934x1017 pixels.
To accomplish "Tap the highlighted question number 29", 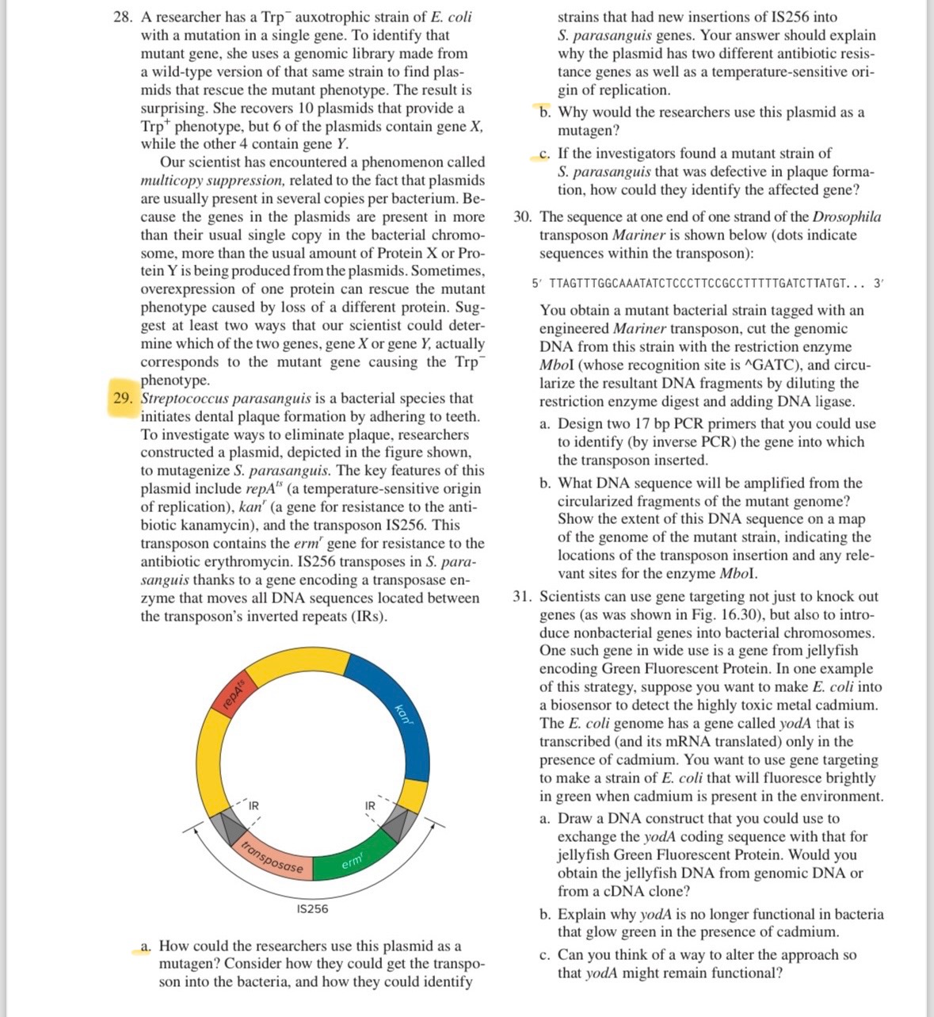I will click(x=122, y=398).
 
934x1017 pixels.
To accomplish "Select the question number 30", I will click(x=522, y=216).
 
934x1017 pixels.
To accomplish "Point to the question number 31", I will click(x=522, y=596).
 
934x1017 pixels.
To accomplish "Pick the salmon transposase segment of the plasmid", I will click(x=273, y=857).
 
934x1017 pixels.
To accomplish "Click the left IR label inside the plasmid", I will click(x=254, y=806).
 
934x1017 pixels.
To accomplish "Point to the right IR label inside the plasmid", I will click(x=370, y=806).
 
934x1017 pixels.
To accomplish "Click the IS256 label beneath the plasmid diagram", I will click(x=312, y=908).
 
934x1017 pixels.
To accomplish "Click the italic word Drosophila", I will click(x=847, y=216).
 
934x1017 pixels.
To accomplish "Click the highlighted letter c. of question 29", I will click(x=543, y=153).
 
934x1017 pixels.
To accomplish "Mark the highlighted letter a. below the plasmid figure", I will click(x=146, y=946).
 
